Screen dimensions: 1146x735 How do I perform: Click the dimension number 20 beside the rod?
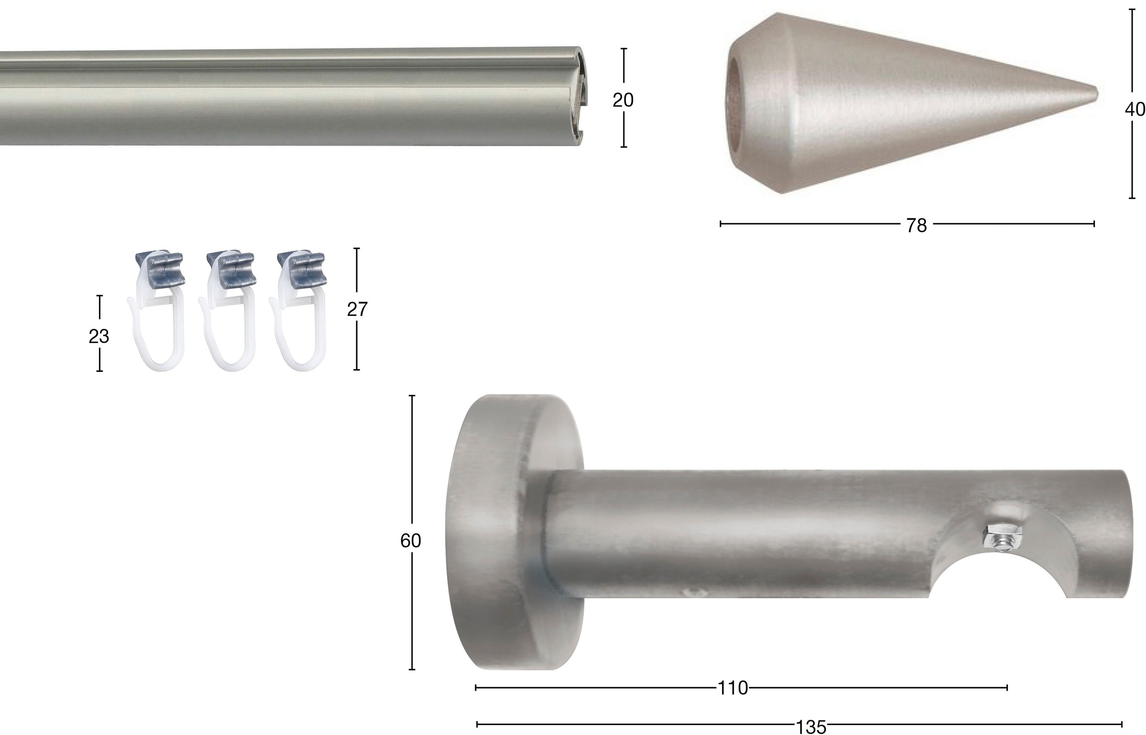click(623, 100)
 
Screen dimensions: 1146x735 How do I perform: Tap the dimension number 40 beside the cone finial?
click(1135, 109)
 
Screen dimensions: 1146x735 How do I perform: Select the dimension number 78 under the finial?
click(916, 226)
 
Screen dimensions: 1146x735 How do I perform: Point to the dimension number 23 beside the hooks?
click(99, 336)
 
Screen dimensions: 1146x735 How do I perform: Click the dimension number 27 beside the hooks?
click(357, 310)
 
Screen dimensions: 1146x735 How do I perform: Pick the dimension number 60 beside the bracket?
click(411, 540)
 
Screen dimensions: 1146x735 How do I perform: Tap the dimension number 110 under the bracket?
click(733, 688)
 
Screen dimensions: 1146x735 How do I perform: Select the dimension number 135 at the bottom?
click(811, 727)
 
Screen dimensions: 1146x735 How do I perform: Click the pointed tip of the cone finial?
click(1096, 94)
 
